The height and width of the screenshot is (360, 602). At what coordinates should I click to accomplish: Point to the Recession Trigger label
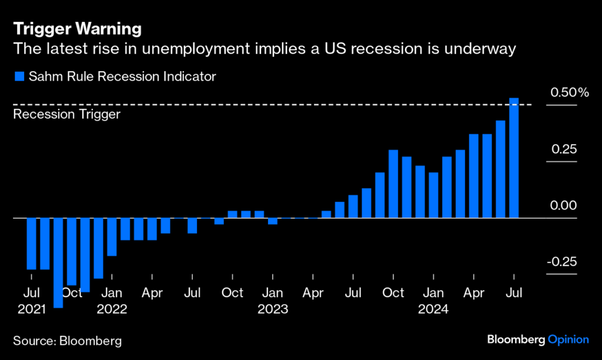tap(66, 114)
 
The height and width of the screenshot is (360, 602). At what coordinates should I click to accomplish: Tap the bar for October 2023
tap(393, 184)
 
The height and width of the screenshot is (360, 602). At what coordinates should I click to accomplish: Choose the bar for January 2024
tap(433, 195)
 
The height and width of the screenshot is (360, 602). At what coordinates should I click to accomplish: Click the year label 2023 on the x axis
tap(272, 308)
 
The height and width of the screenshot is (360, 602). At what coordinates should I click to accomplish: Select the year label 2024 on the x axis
tap(433, 308)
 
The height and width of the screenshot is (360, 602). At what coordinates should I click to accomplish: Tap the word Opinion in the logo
tap(568, 339)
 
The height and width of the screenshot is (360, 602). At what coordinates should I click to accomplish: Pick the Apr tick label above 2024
tap(474, 292)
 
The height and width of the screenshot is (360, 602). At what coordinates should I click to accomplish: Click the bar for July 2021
tap(31, 244)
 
